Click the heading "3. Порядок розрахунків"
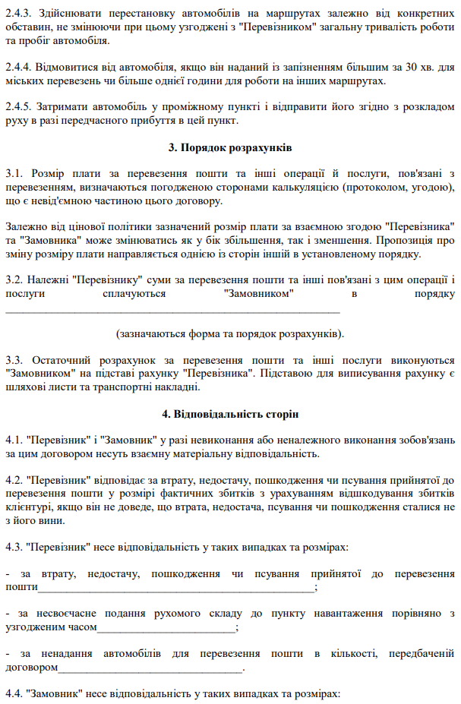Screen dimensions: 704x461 click(230, 147)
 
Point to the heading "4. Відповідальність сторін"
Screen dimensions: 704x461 click(230, 414)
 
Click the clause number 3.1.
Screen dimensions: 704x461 click(13, 174)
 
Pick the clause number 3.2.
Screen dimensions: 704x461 click(13, 279)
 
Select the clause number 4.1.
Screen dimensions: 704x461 click(13, 440)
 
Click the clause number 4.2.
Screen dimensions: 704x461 click(13, 481)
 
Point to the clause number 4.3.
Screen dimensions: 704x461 click(13, 547)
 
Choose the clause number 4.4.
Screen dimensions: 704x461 click(13, 693)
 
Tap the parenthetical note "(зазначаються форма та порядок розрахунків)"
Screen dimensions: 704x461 click(230, 333)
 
